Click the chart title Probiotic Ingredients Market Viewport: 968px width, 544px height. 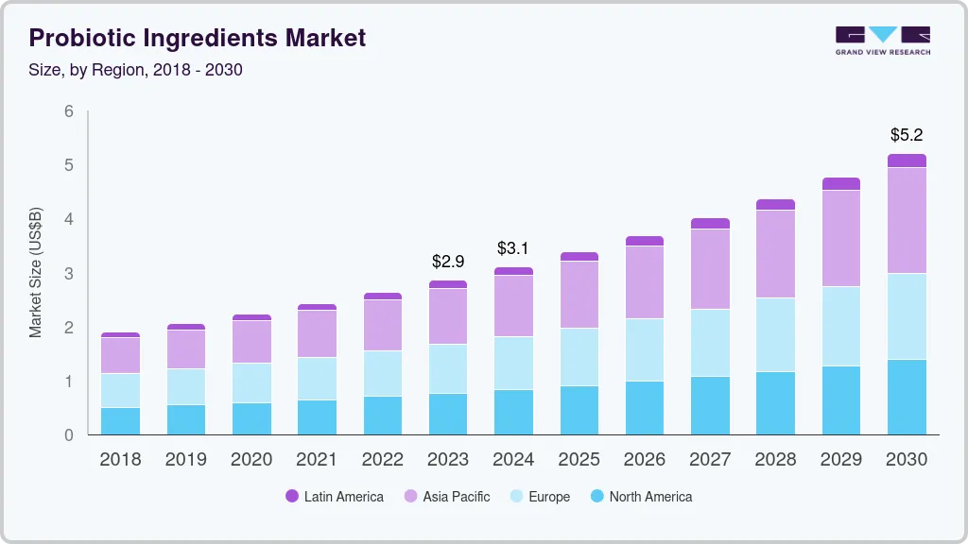click(197, 38)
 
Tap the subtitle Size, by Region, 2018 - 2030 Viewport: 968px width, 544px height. click(135, 70)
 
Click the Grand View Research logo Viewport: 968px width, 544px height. click(882, 40)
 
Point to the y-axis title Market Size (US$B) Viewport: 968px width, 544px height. click(36, 273)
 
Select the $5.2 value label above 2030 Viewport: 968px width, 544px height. click(907, 135)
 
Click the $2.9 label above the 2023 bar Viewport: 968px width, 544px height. click(448, 261)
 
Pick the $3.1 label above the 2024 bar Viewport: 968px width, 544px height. click(513, 248)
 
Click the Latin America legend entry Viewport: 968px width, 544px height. click(335, 496)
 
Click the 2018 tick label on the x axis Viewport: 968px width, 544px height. click(120, 459)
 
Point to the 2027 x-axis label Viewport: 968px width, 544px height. click(710, 459)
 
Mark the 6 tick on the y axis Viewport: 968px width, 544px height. click(68, 111)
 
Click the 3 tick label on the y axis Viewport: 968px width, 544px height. click(68, 274)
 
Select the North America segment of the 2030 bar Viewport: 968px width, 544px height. click(907, 397)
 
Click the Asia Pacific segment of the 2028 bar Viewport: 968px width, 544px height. click(775, 254)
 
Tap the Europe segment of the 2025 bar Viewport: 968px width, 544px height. click(579, 356)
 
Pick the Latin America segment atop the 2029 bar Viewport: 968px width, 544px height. click(841, 183)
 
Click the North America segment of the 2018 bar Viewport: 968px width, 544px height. click(120, 421)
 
